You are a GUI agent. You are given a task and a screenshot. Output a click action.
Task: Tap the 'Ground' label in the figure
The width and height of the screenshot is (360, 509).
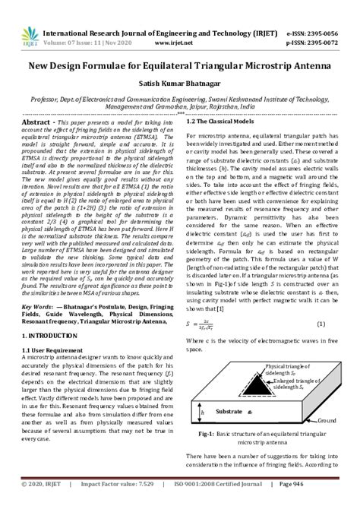point(327,420)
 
